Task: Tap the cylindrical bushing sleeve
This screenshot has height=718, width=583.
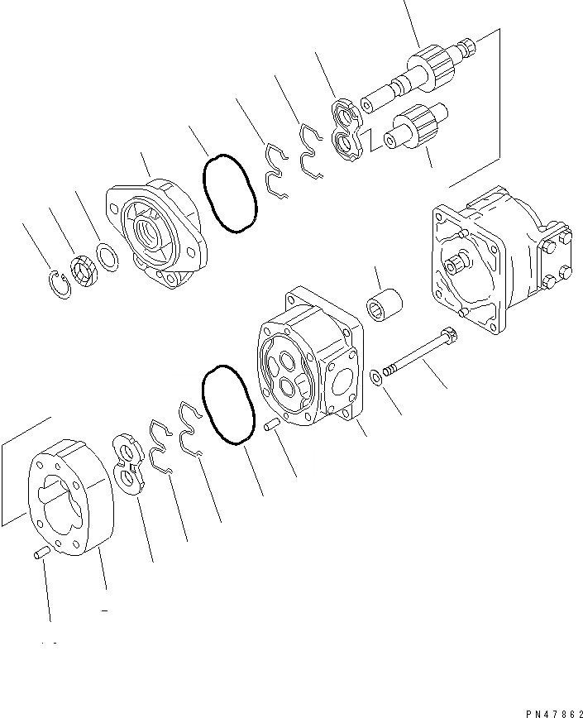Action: point(385,304)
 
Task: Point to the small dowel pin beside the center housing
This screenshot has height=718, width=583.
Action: point(270,427)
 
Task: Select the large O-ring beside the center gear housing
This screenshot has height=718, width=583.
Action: point(227,405)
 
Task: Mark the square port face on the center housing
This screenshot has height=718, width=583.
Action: point(341,387)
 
